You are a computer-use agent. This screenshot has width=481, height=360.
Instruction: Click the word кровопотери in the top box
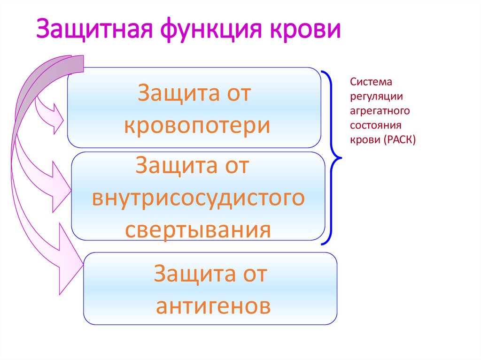197,126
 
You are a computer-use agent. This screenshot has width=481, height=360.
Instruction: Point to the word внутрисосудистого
198,199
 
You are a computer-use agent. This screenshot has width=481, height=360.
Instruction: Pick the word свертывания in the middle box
198,230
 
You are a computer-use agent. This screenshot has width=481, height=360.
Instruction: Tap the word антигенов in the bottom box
213,306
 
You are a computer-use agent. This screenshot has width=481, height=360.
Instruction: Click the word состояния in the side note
375,126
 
